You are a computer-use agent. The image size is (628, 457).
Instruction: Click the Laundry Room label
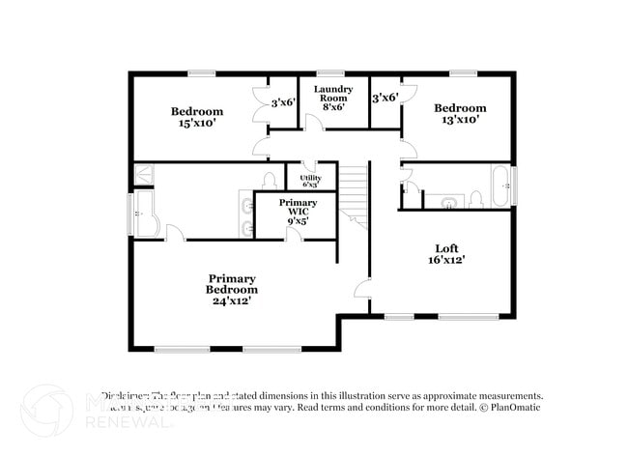click(x=331, y=98)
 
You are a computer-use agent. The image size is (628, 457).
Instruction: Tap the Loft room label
click(x=446, y=253)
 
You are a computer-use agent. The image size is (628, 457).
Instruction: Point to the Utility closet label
click(x=310, y=180)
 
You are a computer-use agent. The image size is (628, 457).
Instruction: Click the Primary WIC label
click(x=298, y=212)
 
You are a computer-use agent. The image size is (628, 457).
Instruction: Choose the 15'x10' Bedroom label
click(x=197, y=117)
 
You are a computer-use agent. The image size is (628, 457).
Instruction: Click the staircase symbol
click(x=355, y=193)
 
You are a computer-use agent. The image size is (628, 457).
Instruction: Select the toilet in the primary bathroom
click(x=269, y=182)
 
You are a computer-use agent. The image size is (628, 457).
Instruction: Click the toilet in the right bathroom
click(x=475, y=200)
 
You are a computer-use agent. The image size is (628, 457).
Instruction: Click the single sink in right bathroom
click(x=448, y=202)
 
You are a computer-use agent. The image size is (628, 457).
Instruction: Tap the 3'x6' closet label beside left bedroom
click(x=282, y=102)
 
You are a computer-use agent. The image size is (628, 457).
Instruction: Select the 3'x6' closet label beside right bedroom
click(x=385, y=98)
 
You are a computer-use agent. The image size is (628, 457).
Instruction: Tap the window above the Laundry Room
click(x=331, y=72)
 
